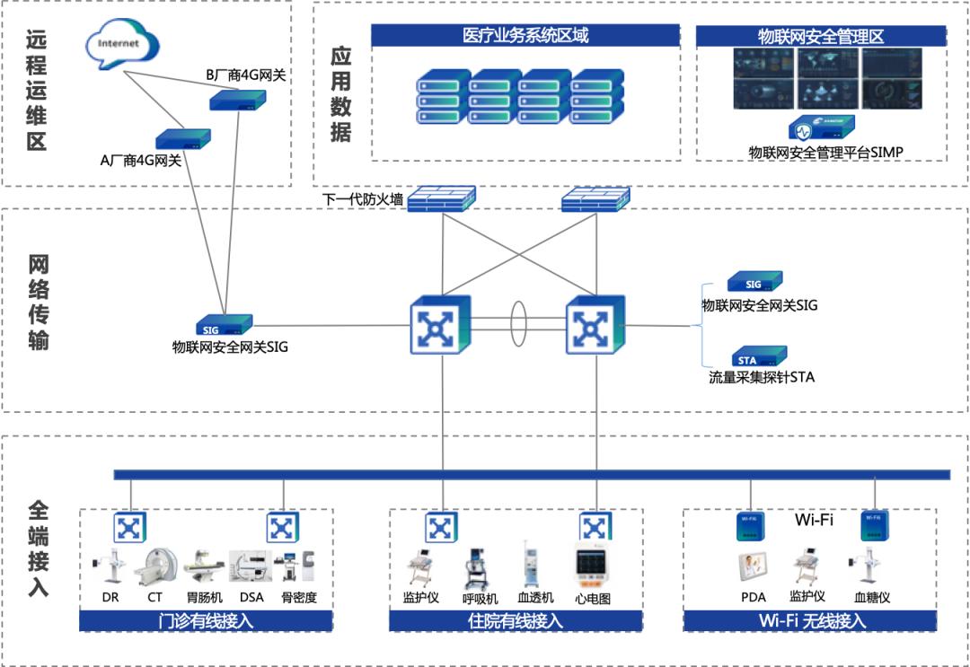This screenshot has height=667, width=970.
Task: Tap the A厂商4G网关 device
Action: (x=183, y=138)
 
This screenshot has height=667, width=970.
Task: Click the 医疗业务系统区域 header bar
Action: (x=525, y=36)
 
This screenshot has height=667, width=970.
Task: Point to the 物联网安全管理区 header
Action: (x=821, y=37)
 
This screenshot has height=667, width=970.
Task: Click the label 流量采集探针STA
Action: (x=762, y=377)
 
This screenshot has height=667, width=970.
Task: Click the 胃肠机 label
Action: (x=206, y=598)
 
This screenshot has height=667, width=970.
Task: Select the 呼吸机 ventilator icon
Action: (x=480, y=566)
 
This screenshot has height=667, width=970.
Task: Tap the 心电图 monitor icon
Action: (x=592, y=566)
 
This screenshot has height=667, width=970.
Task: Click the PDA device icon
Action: (x=752, y=567)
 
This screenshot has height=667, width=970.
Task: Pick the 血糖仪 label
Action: (x=871, y=597)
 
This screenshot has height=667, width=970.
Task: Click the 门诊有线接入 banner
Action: (x=206, y=621)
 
